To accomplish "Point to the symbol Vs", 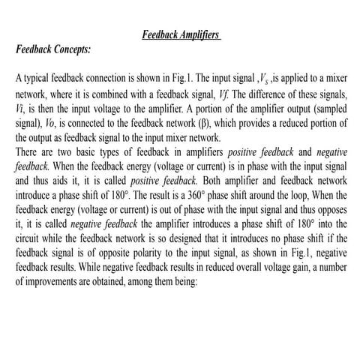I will tap(266, 79).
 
